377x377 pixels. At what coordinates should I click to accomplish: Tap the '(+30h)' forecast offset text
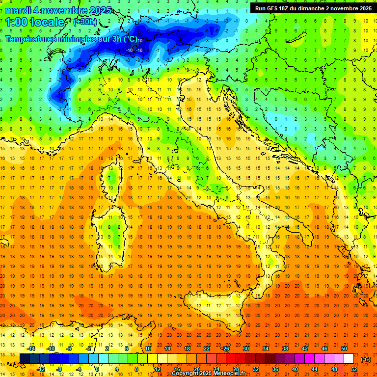85,22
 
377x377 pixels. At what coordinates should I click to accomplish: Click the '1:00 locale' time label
35,22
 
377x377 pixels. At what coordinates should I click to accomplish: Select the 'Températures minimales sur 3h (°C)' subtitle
71,39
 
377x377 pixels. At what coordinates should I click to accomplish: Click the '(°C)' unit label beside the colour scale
366,359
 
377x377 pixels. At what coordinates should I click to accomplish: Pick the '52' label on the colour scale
354,369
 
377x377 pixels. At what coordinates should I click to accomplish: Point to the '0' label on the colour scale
97,369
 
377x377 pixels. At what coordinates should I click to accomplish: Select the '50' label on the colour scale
344,349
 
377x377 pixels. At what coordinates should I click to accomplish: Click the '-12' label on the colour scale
41,369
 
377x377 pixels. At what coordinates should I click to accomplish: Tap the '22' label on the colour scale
207,349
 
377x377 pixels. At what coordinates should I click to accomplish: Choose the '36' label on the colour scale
275,369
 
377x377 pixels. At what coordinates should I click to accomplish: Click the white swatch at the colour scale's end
349,359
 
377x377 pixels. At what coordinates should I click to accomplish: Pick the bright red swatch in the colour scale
231,359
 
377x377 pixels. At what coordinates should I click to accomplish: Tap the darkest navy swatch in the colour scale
25,359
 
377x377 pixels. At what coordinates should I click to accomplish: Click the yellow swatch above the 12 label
157,359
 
